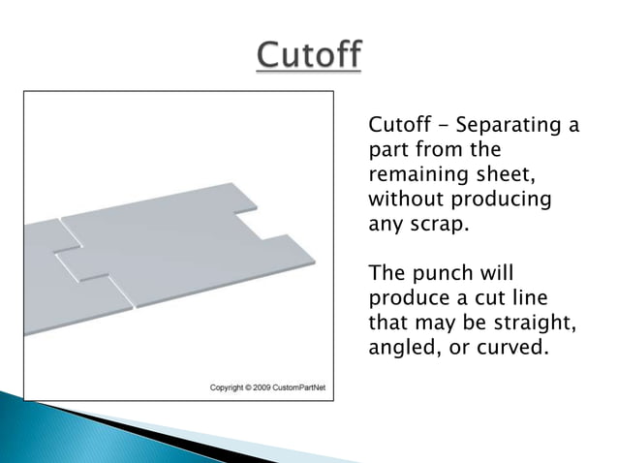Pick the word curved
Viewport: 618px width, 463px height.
point(508,346)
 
